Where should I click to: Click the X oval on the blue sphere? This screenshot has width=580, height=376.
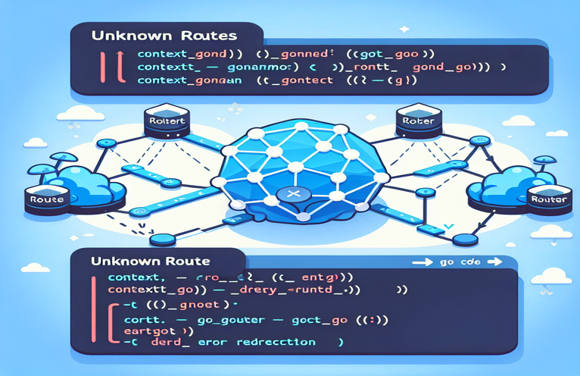(290, 195)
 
